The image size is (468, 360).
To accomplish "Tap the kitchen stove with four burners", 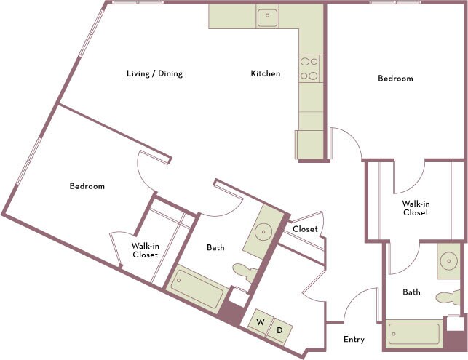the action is pyautogui.click(x=309, y=68).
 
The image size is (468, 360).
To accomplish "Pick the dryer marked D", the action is pyautogui.click(x=279, y=331).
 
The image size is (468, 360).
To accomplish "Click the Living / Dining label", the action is pyautogui.click(x=154, y=73).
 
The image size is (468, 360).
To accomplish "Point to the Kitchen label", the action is pyautogui.click(x=266, y=73).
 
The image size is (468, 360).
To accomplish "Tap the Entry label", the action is pyautogui.click(x=354, y=340).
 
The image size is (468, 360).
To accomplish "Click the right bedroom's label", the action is pyautogui.click(x=395, y=78).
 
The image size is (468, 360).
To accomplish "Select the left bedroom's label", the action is pyautogui.click(x=87, y=186).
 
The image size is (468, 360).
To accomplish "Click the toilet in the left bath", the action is pyautogui.click(x=245, y=272).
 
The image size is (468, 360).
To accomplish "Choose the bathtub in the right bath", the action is pyautogui.click(x=415, y=334).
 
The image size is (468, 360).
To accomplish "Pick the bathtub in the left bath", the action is pyautogui.click(x=196, y=289).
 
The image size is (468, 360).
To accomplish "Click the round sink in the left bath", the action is pyautogui.click(x=263, y=232).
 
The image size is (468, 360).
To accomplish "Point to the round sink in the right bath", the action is pyautogui.click(x=449, y=261).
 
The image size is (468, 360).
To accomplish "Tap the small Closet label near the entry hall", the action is pyautogui.click(x=305, y=229).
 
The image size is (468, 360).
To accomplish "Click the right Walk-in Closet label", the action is pyautogui.click(x=416, y=208).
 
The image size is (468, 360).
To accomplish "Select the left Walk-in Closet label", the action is pyautogui.click(x=146, y=250).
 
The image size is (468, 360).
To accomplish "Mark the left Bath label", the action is pyautogui.click(x=215, y=247).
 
